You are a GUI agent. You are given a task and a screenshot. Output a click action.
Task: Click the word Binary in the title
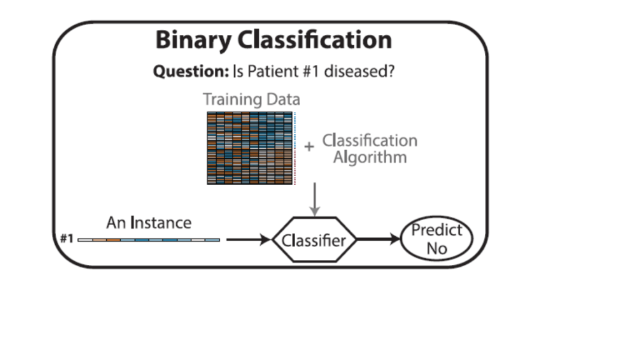pos(193,41)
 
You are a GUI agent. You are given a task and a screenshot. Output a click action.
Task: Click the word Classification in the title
pos(314,40)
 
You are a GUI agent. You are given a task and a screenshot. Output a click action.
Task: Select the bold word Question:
pos(191,71)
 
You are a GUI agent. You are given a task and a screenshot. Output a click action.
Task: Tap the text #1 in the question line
pos(314,71)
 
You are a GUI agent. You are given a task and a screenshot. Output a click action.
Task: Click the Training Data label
pos(251,99)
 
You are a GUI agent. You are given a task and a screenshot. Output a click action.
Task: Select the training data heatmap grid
pos(250,148)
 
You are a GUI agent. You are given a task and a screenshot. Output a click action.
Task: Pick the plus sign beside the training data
pos(309,147)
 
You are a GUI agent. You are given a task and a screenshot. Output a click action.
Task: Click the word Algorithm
pos(369,157)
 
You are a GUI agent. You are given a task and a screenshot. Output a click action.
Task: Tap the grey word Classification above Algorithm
pos(369,141)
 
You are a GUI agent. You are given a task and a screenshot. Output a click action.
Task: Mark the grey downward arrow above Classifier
pos(315,199)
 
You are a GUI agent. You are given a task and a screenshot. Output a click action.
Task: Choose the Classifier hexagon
pos(314,240)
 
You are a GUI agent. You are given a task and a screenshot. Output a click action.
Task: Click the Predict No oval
pos(436,239)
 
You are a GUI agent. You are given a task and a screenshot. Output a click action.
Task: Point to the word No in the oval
pos(436,248)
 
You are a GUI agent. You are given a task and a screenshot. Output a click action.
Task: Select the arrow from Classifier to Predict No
pos(379,239)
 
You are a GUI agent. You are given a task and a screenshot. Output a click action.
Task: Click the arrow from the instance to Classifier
pos(248,239)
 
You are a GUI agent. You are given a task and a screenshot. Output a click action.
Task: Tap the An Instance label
pos(149,222)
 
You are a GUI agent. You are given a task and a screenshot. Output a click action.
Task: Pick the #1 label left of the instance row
pos(66,239)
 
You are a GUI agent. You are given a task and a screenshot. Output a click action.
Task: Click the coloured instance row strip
pos(149,239)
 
